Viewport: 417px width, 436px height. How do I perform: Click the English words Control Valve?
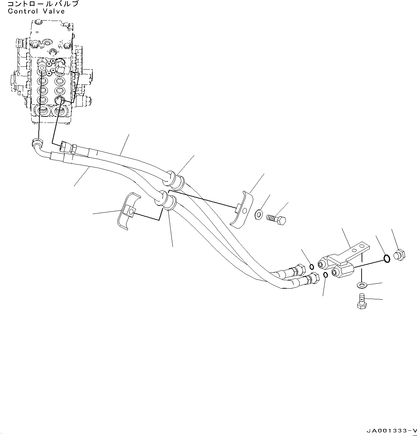point(36,11)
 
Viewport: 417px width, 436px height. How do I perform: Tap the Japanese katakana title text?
point(43,4)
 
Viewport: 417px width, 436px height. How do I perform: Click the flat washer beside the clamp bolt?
point(259,214)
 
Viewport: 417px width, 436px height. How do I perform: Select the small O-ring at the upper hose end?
point(312,267)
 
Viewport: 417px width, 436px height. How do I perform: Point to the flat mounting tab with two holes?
point(357,250)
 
